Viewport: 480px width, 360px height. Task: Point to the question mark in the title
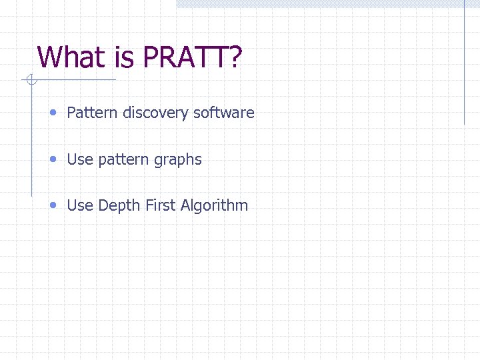click(x=235, y=57)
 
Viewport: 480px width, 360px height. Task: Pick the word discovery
click(x=155, y=113)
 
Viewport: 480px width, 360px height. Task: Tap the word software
click(x=224, y=113)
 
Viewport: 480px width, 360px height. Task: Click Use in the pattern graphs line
click(x=80, y=159)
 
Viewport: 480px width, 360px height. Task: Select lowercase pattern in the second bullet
click(x=122, y=160)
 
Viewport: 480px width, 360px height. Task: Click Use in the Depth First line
click(x=80, y=205)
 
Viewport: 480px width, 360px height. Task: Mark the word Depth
click(x=117, y=206)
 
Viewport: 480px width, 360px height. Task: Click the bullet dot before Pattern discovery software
click(x=53, y=113)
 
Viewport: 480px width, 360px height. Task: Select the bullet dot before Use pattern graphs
click(x=53, y=159)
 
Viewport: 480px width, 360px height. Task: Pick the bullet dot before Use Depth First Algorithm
click(x=53, y=205)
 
